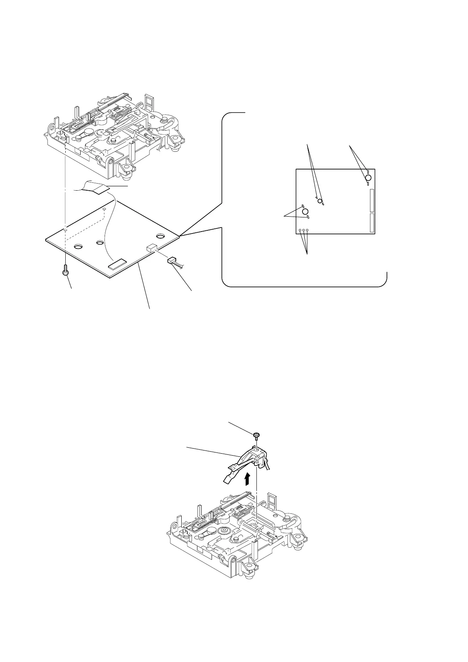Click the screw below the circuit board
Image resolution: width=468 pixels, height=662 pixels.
66,271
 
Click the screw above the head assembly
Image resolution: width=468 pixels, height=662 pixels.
256,435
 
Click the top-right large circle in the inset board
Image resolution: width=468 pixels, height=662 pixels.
368,178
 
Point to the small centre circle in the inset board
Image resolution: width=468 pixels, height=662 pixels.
320,201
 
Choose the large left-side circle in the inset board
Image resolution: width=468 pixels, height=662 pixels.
305,211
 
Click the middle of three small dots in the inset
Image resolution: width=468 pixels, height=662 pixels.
304,231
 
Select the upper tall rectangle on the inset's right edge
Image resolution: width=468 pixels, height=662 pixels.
372,200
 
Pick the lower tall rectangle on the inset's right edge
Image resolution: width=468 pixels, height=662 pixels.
372,222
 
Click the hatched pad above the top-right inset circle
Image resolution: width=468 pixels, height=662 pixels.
367,171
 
